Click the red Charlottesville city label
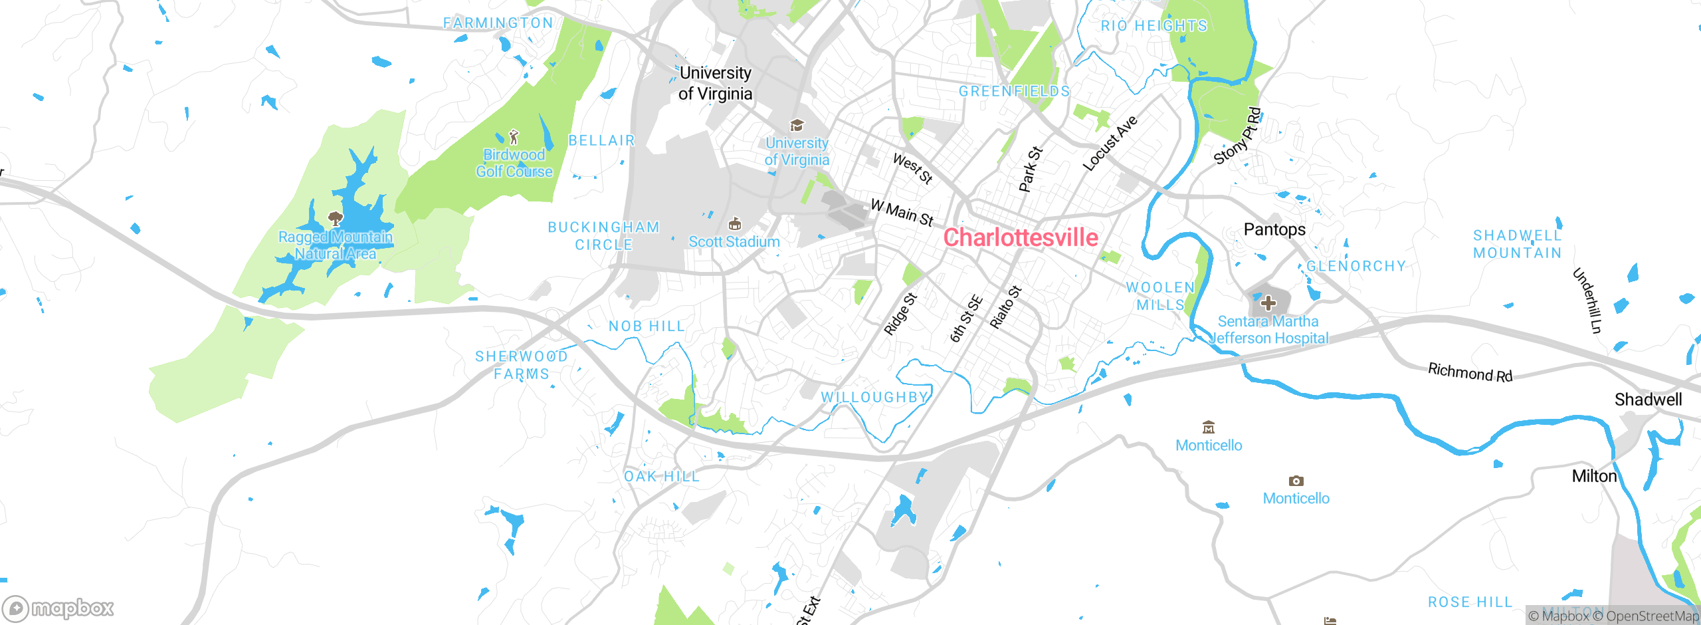(x=1021, y=237)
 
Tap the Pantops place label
(x=1274, y=229)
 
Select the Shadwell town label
(x=1648, y=400)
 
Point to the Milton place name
(x=1594, y=476)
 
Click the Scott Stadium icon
(x=735, y=223)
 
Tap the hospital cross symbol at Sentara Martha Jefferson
(x=1268, y=303)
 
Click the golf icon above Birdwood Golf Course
(x=514, y=138)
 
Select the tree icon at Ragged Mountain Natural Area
(x=336, y=219)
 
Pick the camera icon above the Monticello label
(x=1296, y=481)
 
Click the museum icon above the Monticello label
(x=1209, y=428)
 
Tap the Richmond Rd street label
(x=1470, y=372)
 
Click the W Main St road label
(x=902, y=213)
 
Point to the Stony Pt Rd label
(x=1237, y=136)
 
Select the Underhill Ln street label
(x=1587, y=300)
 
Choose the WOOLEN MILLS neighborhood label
(x=1160, y=296)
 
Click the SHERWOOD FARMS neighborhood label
(x=522, y=365)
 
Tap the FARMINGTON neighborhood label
(x=498, y=23)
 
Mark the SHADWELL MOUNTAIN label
(x=1517, y=244)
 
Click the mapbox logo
(x=58, y=608)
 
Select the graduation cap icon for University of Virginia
(x=797, y=125)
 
